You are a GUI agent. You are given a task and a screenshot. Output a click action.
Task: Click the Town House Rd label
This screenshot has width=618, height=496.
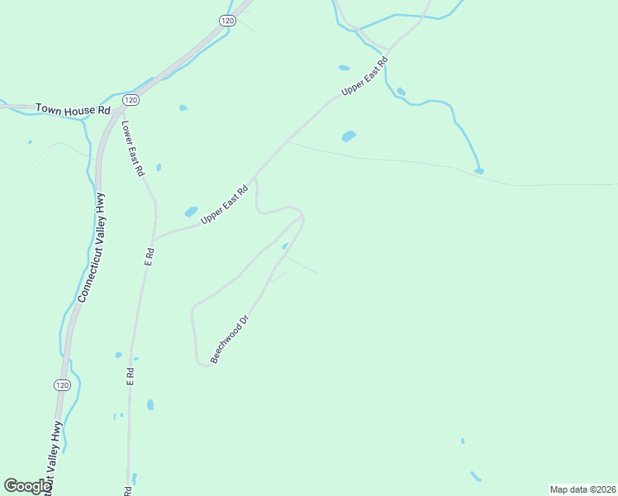[70, 109]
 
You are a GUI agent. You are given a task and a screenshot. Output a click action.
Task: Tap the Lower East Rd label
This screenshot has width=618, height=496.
[133, 149]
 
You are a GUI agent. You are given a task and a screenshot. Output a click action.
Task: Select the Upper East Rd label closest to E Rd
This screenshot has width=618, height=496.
[225, 205]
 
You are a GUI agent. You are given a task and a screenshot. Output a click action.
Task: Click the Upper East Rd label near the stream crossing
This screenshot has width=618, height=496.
[364, 79]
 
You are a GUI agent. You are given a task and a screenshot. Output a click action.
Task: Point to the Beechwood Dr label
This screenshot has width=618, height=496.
[230, 339]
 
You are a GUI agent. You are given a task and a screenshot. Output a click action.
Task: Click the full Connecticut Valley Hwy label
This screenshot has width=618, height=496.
[92, 247]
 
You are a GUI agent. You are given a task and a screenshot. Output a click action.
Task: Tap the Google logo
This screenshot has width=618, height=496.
[27, 486]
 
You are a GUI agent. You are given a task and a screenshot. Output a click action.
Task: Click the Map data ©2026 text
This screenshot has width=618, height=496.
[582, 489]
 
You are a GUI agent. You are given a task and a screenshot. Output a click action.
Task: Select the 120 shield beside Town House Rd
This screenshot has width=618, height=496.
[130, 99]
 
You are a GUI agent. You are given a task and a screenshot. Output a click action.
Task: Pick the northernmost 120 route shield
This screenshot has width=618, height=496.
[227, 19]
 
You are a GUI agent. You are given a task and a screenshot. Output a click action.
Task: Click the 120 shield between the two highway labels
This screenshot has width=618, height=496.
[63, 385]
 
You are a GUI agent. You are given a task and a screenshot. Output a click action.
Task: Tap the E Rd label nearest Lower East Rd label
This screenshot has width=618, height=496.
[150, 256]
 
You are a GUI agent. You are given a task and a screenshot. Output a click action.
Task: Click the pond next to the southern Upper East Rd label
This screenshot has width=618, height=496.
[191, 212]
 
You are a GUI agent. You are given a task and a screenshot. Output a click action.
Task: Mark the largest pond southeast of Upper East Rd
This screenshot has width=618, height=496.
[349, 136]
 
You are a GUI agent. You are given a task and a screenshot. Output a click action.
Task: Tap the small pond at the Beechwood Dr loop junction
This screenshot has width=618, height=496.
[285, 246]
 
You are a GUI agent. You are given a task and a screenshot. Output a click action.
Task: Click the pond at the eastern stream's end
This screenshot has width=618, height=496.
[479, 171]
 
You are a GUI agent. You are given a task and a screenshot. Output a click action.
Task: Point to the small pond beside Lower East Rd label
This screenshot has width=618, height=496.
[159, 167]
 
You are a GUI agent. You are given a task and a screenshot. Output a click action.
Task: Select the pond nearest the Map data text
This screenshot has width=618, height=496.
[475, 476]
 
